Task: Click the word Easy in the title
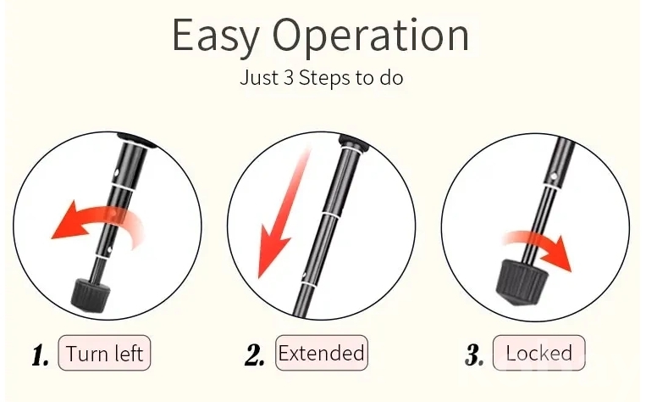[215, 36]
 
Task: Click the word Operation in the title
[371, 36]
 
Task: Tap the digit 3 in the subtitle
[289, 77]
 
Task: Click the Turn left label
[104, 353]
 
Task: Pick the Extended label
[322, 353]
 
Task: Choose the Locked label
[538, 353]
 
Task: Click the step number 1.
[41, 355]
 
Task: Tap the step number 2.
[254, 355]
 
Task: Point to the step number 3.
[474, 355]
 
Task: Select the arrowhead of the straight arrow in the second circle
[271, 256]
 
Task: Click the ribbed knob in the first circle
[91, 294]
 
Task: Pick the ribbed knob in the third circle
[521, 282]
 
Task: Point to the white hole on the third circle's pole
[554, 176]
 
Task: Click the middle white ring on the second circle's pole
[330, 215]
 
